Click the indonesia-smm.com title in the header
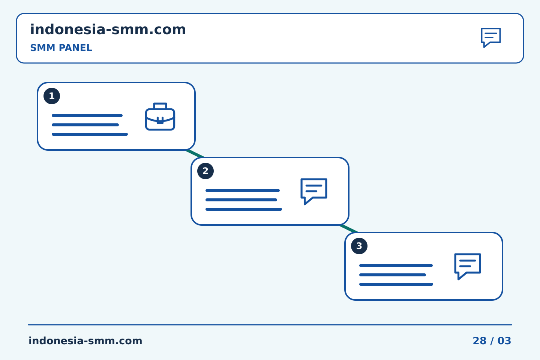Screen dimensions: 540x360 (108, 29)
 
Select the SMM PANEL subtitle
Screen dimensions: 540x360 (61, 48)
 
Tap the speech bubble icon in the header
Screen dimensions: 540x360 (491, 37)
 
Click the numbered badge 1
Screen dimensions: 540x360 (52, 96)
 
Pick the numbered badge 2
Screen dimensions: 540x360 (205, 171)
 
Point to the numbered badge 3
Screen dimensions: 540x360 (359, 246)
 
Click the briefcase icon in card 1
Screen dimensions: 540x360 (160, 117)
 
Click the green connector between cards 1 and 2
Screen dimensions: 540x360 (195, 154)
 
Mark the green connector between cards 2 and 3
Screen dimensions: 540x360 (349, 229)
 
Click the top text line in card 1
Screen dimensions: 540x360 (87, 115)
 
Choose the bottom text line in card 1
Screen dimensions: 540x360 (90, 134)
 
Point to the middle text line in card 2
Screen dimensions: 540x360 (241, 200)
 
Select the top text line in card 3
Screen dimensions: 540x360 (396, 265)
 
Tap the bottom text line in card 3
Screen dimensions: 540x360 (396, 284)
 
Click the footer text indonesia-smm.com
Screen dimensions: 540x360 (85, 341)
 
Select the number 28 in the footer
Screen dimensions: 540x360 (480, 341)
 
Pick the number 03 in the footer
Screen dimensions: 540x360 (504, 341)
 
